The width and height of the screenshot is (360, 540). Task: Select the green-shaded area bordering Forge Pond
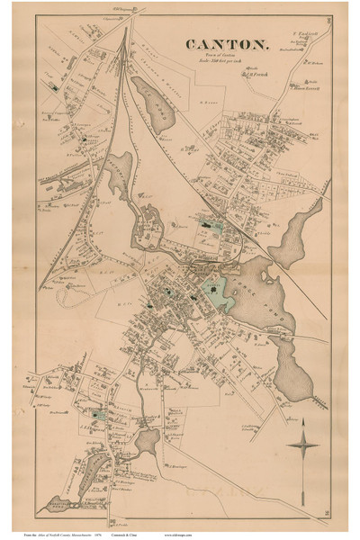click(213, 290)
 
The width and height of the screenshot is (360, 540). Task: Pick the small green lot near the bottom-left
click(98, 416)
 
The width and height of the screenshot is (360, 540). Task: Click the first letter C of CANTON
click(191, 43)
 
